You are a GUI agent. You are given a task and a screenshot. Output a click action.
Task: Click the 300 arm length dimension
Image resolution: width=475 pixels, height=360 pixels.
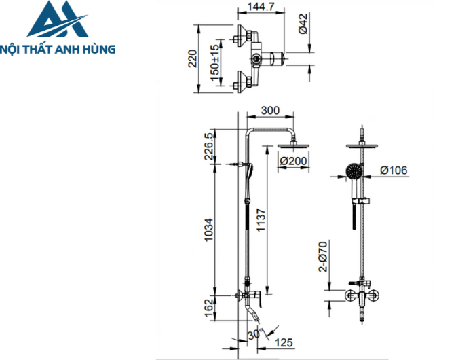(270, 111)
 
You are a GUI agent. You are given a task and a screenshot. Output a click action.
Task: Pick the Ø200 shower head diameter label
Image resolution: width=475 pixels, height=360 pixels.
(294, 162)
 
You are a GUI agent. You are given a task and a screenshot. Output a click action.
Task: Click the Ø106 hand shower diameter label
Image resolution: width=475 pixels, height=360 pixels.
(393, 170)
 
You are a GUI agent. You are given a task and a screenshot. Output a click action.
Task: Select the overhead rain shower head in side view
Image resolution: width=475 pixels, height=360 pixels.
(294, 145)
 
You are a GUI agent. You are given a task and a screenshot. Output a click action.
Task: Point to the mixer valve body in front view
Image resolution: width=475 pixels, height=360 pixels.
(365, 296)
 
